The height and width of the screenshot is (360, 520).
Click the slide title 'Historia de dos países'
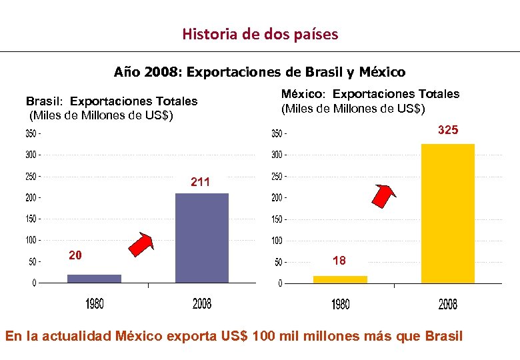click(x=260, y=33)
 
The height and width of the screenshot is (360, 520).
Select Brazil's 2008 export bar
click(x=201, y=238)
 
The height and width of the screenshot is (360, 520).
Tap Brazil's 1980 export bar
click(x=94, y=278)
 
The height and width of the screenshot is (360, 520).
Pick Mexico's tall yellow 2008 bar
click(x=447, y=213)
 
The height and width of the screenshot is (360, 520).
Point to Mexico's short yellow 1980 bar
click(x=340, y=279)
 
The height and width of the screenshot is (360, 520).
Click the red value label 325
click(x=447, y=131)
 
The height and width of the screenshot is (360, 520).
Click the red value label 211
click(x=200, y=181)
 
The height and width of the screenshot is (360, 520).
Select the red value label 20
click(x=76, y=255)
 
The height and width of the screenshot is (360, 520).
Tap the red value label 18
click(x=339, y=261)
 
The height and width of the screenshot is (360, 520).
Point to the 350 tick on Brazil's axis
click(x=31, y=134)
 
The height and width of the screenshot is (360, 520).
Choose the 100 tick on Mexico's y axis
click(x=276, y=241)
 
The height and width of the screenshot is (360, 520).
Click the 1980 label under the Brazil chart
click(x=94, y=304)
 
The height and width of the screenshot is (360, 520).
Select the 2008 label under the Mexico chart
click(x=447, y=305)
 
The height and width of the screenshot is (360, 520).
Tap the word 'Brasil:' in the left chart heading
click(x=45, y=101)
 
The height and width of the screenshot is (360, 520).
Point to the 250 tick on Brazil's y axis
click(x=31, y=177)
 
